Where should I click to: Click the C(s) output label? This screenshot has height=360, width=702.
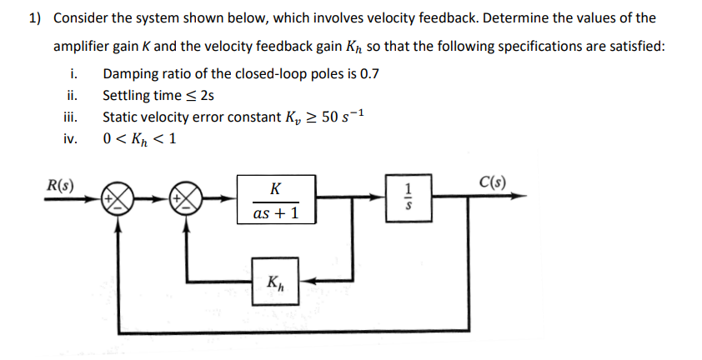coord(494,182)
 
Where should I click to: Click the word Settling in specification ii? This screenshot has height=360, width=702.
coord(126,95)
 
